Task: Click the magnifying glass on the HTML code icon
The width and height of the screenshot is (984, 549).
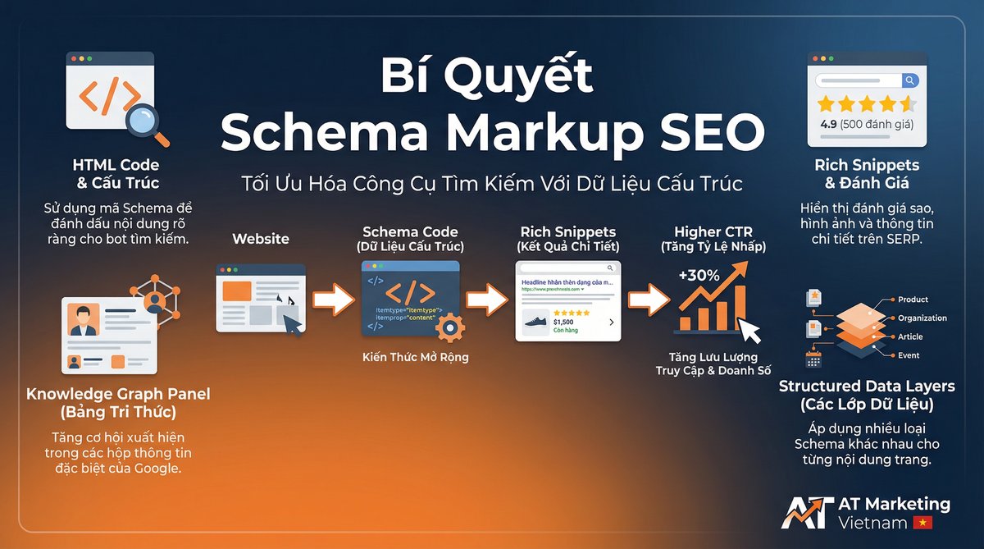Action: (x=147, y=123)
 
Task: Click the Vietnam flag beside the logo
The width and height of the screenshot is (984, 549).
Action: (x=922, y=523)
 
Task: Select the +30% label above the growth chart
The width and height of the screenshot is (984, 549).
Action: (x=699, y=276)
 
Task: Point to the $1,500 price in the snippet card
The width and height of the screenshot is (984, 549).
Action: (x=563, y=321)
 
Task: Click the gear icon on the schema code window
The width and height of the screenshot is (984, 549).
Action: (x=449, y=328)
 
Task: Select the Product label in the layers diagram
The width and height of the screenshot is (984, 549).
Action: (x=913, y=300)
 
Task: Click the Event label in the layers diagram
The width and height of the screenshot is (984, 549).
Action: (x=909, y=355)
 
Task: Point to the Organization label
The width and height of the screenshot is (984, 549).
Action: (x=922, y=318)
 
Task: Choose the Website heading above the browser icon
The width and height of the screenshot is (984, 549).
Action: (x=261, y=239)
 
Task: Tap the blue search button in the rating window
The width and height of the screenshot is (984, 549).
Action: (x=909, y=80)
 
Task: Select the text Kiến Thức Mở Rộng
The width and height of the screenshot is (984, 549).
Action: (x=415, y=357)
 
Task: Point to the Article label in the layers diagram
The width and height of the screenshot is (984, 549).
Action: (x=910, y=336)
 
